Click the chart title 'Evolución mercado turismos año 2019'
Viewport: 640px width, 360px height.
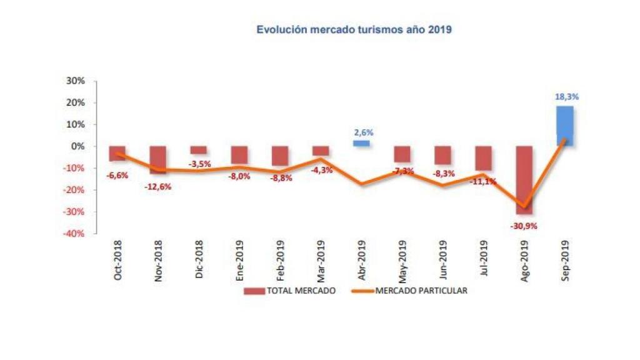(x=354, y=29)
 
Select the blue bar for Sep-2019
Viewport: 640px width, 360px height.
(x=565, y=126)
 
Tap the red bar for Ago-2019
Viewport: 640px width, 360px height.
(x=524, y=179)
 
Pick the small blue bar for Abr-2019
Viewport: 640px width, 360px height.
(x=361, y=143)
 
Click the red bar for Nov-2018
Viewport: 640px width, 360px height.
(x=158, y=159)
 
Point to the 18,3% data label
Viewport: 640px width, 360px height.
(x=566, y=97)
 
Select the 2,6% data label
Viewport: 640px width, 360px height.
(x=362, y=132)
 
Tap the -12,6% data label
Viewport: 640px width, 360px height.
(x=157, y=186)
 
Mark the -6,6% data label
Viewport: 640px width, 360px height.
(x=117, y=176)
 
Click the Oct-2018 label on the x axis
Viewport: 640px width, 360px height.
(x=118, y=260)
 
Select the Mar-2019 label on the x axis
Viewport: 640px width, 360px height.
(x=321, y=260)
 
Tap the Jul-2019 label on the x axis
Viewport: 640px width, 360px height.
(x=483, y=261)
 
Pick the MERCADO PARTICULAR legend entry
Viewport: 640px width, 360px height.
(x=412, y=291)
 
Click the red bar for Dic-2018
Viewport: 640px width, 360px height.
(x=199, y=150)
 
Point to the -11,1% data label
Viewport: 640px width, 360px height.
(x=483, y=182)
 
